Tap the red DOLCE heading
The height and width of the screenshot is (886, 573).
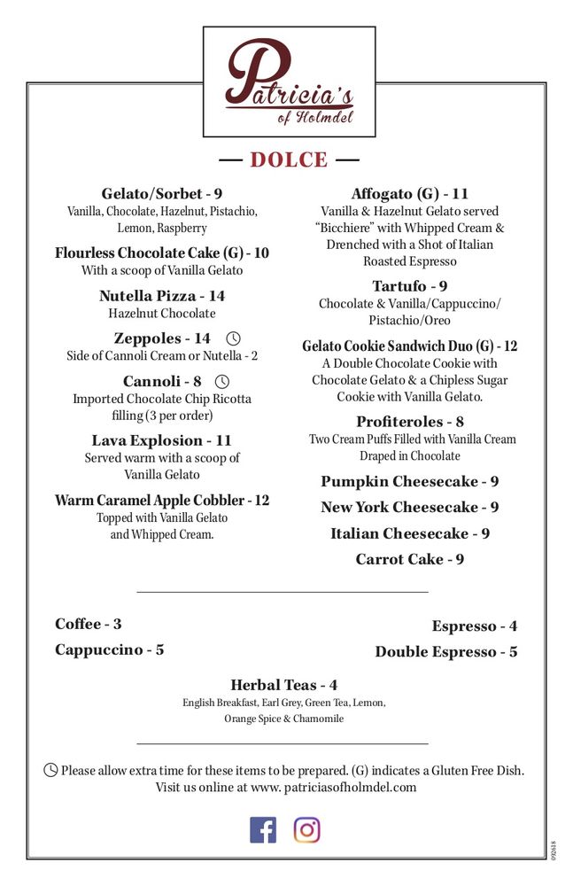click(289, 160)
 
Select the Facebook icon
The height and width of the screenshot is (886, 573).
click(263, 829)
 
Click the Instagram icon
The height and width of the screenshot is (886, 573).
click(306, 829)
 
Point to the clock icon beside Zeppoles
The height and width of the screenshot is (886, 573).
click(234, 338)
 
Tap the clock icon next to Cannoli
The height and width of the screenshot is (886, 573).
click(222, 382)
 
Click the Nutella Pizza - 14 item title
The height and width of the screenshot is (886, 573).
click(162, 296)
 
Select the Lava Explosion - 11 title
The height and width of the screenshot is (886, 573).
click(162, 440)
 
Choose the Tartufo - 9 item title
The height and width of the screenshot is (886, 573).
click(409, 286)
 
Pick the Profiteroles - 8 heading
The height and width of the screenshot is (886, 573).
click(410, 422)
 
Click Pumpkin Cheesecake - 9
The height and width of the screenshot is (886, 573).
click(410, 482)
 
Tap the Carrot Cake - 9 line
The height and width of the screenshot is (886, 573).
click(410, 559)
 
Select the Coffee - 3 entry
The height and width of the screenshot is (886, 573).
click(89, 624)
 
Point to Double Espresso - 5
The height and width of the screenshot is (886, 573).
click(446, 652)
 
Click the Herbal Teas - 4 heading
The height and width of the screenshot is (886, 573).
click(283, 685)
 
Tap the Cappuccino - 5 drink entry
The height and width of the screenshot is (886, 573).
click(110, 649)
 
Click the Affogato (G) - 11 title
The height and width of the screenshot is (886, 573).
click(410, 194)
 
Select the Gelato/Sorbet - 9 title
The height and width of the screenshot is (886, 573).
click(162, 194)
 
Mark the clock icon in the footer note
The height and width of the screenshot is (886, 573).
click(51, 770)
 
